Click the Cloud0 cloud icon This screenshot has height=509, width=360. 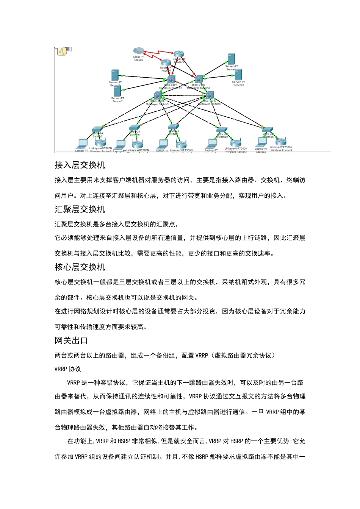pyautogui.click(x=139, y=51)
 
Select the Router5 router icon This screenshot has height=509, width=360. pyautogui.click(x=178, y=55)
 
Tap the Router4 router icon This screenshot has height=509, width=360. pyautogui.click(x=166, y=62)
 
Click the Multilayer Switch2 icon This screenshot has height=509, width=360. pyautogui.click(x=171, y=80)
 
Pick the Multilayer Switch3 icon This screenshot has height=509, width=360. pyautogui.click(x=199, y=79)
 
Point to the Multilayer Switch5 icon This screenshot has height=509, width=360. pyautogui.click(x=158, y=95)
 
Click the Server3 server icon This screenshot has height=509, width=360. pyautogui.click(x=238, y=74)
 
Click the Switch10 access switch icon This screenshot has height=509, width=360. pyautogui.click(x=222, y=130)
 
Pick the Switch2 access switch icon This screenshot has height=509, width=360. pyautogui.click(x=97, y=129)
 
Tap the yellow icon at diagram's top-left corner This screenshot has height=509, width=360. pyautogui.click(x=62, y=52)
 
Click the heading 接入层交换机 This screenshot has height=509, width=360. pyautogui.click(x=80, y=165)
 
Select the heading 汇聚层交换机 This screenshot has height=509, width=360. pyautogui.click(x=80, y=209)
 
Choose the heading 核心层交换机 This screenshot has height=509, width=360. pyautogui.click(x=80, y=267)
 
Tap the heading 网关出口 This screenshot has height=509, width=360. pyautogui.click(x=71, y=341)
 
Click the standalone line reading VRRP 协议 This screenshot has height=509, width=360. pyautogui.click(x=68, y=369)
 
